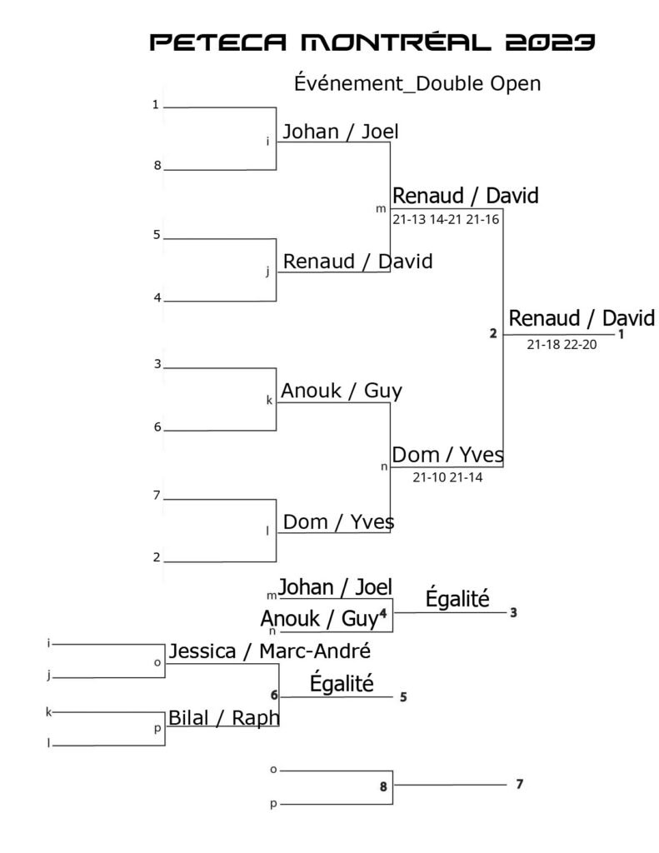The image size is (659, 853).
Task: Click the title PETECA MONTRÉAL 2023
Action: tap(372, 42)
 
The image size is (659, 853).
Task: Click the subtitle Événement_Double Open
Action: tap(417, 84)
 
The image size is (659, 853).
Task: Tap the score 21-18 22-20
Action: tap(562, 344)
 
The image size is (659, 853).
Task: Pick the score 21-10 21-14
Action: tap(447, 477)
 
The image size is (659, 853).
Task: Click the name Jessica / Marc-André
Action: tap(269, 651)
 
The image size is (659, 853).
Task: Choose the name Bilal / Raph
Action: tap(223, 717)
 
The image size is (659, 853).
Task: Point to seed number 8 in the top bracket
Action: tap(156, 165)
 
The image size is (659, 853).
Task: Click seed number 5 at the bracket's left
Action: tap(156, 235)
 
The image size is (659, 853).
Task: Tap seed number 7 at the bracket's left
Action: tap(156, 496)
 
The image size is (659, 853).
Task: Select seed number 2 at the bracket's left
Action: tap(156, 556)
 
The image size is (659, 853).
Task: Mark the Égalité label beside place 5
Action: tap(342, 684)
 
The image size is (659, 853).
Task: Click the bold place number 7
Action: tap(519, 783)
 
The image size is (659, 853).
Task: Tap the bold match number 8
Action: tap(384, 786)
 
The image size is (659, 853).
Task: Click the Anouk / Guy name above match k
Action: tap(342, 391)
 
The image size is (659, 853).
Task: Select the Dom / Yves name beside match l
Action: tap(338, 522)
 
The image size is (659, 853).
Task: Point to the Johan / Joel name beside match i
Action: tap(341, 132)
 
